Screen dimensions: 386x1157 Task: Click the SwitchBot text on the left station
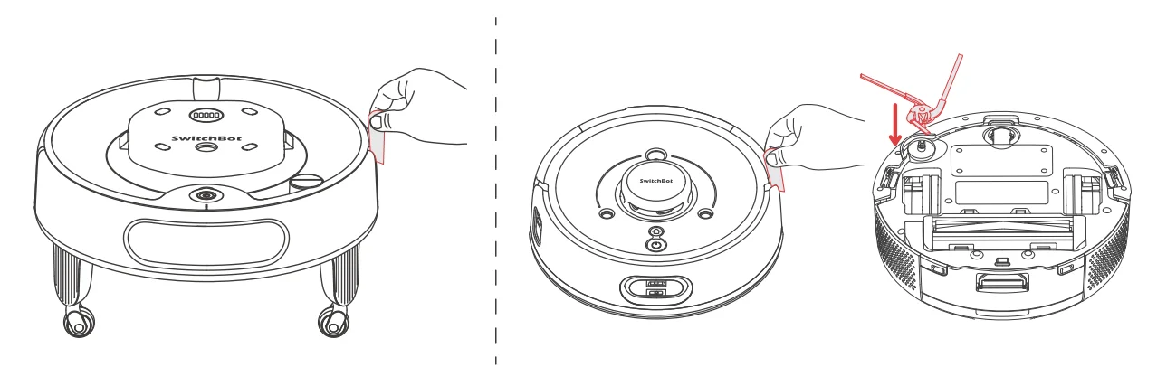click(200, 138)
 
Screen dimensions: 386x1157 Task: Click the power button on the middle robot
click(655, 244)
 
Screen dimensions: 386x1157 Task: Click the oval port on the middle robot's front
click(655, 290)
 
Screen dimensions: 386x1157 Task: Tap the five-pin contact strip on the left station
click(204, 116)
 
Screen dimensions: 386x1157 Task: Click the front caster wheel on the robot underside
click(1001, 134)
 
